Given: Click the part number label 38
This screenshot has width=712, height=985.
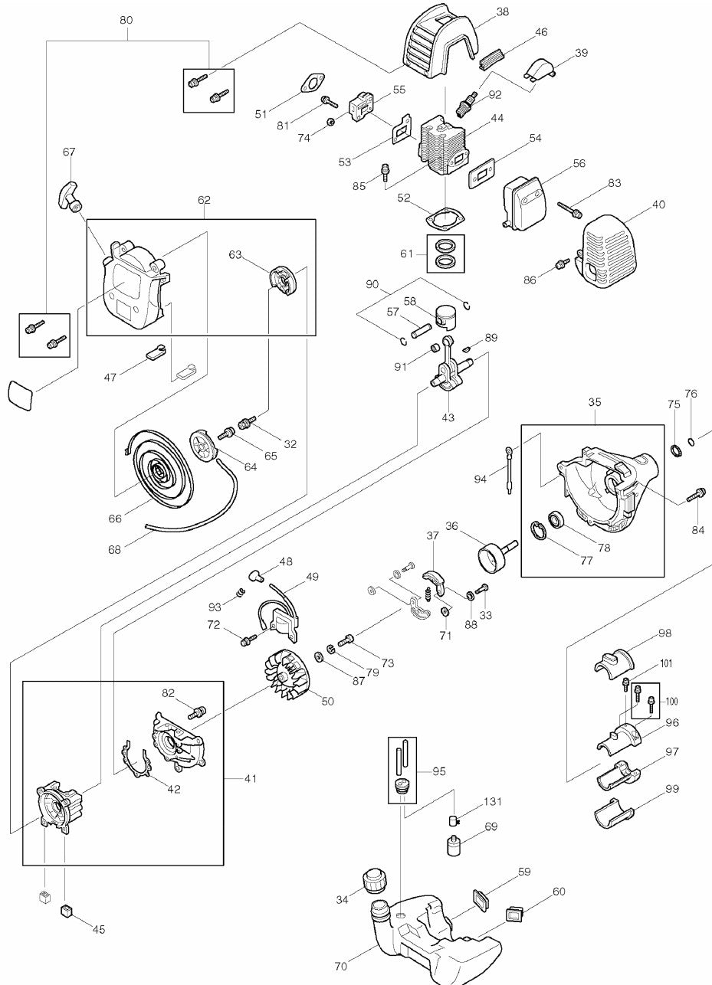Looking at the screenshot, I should click(503, 11).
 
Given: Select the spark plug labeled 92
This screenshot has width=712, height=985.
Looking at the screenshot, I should click(466, 103).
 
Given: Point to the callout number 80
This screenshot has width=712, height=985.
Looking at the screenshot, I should click(126, 21).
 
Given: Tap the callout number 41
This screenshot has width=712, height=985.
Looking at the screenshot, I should click(251, 778).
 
